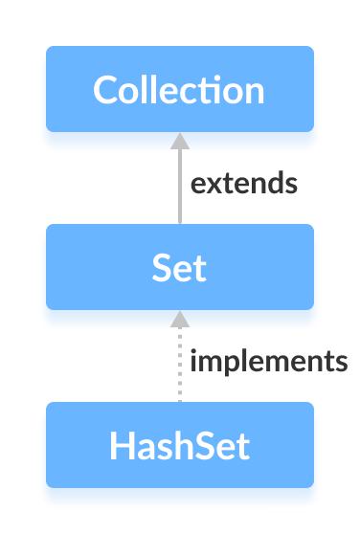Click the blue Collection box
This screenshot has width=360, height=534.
click(x=180, y=89)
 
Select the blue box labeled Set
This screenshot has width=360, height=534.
click(x=180, y=267)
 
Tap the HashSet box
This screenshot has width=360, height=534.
click(x=180, y=445)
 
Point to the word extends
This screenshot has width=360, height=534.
click(x=244, y=183)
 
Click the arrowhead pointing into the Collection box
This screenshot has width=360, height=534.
click(x=179, y=140)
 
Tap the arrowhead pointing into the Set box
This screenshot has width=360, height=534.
click(x=179, y=318)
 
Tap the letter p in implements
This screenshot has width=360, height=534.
click(x=228, y=365)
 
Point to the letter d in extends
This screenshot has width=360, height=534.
click(x=277, y=182)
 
